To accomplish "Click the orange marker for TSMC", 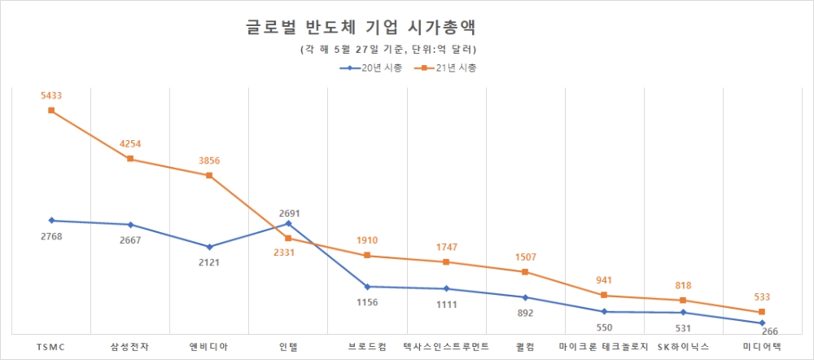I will tap(51, 110).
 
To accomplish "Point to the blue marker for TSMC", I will tap(51, 220).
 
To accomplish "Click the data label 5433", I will tap(51, 95).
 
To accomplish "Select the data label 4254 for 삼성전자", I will tap(130, 144).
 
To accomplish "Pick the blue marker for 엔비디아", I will tap(209, 247).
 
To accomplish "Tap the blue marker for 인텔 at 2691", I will tap(288, 222).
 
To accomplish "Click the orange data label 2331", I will tap(283, 252).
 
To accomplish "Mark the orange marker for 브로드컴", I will tap(367, 256).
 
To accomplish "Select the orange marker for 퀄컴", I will tap(525, 271).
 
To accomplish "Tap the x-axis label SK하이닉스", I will tap(683, 346).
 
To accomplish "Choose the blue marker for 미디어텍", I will tap(762, 323).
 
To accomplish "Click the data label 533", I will tap(760, 297).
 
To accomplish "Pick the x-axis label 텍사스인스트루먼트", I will tap(446, 346).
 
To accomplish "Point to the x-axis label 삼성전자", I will tap(130, 346).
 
